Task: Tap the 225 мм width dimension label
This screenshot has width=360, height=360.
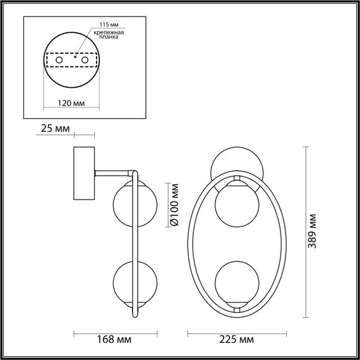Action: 238,340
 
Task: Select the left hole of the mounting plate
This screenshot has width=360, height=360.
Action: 59,60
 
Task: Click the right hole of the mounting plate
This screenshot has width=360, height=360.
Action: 83,60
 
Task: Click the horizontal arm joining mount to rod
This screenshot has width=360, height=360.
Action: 114,171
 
